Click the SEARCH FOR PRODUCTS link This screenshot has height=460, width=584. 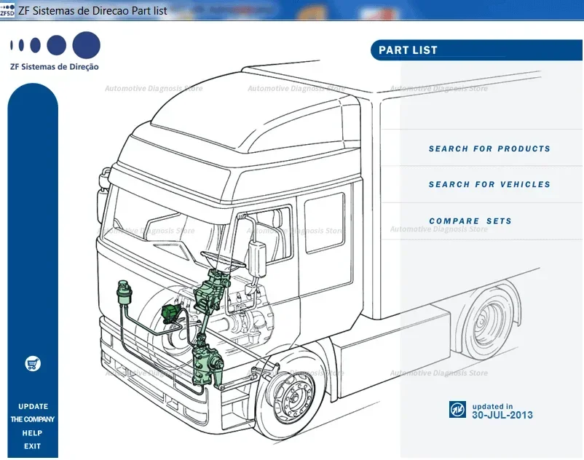coord(489,148)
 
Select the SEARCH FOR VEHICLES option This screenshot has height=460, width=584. coord(489,185)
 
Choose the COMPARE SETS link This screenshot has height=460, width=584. coord(470,221)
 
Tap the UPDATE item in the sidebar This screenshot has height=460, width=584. coord(33,407)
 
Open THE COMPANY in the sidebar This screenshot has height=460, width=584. coord(33,420)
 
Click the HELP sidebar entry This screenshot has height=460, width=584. coord(33,433)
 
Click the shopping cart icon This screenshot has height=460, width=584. coord(33,363)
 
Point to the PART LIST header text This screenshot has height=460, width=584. coord(408,51)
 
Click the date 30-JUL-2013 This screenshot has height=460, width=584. coord(502,416)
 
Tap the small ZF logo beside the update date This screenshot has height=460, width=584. coord(457,410)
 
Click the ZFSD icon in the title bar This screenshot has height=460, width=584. coord(7,9)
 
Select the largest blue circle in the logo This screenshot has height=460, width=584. coord(87,45)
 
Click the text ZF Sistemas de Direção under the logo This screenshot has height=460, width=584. coord(55,67)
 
